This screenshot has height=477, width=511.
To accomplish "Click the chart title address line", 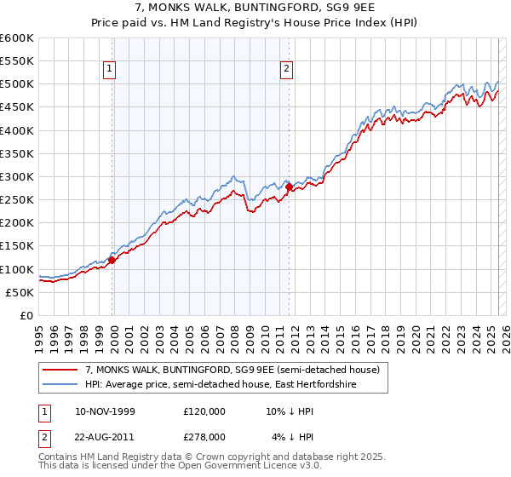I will click(255, 9).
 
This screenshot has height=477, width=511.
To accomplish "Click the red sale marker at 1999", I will click(112, 261).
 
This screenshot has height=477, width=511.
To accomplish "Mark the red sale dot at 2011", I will click(289, 187).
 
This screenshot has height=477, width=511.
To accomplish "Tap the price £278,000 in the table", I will click(204, 436).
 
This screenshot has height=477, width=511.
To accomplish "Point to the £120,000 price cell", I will click(204, 411).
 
